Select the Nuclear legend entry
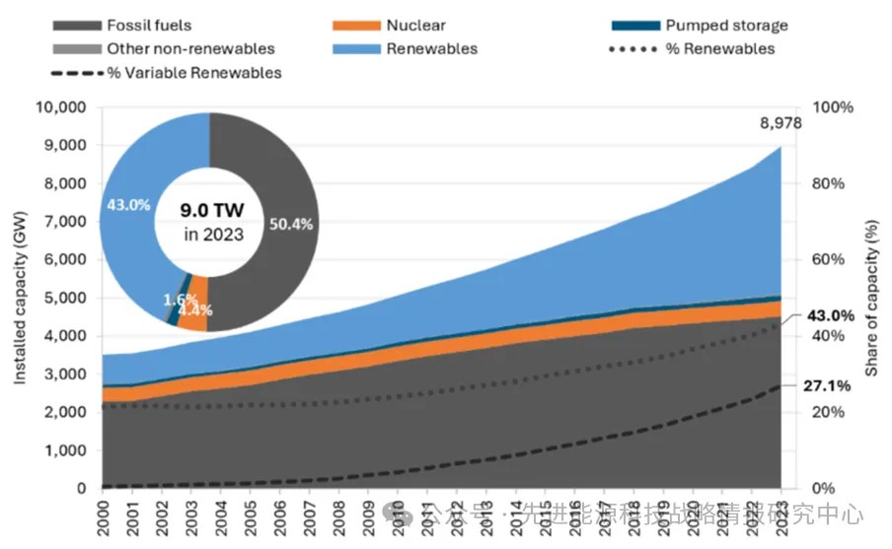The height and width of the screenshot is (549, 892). tap(414, 26)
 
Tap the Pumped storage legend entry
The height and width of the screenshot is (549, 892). tap(725, 26)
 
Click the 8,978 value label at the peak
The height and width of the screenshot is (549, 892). tap(780, 124)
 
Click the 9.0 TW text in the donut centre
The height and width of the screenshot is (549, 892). tap(208, 210)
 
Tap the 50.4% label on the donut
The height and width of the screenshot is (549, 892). tap(290, 224)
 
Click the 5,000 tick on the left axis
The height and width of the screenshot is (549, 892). tap(66, 298)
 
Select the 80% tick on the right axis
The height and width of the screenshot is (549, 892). tap(831, 183)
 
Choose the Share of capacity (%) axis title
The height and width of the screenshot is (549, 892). tap(872, 298)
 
